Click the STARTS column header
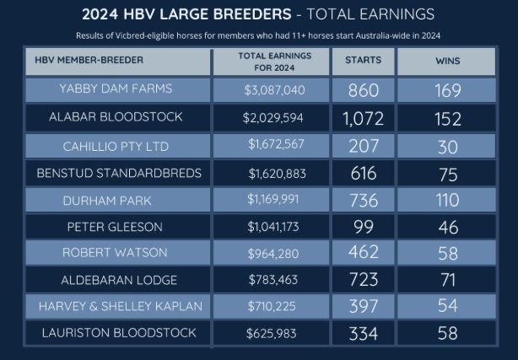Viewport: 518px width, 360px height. point(363,61)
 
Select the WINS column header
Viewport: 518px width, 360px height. point(448,61)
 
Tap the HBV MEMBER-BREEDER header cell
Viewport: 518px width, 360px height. point(90,61)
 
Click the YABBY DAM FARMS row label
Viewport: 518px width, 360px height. point(116,89)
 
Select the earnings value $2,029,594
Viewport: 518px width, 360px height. point(273,118)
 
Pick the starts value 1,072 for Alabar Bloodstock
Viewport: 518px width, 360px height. point(363,118)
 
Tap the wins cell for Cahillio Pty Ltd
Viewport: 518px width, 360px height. point(448,146)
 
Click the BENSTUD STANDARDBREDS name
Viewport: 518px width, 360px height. point(119,174)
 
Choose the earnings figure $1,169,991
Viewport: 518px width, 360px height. point(273,201)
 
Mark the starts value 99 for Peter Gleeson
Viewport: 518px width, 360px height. point(363,227)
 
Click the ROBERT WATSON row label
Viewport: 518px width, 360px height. point(116,253)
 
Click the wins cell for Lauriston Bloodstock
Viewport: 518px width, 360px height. point(448,334)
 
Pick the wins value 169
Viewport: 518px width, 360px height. point(448,89)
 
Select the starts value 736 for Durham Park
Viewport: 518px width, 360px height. point(363,201)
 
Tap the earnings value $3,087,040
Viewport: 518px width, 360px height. point(273,89)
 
